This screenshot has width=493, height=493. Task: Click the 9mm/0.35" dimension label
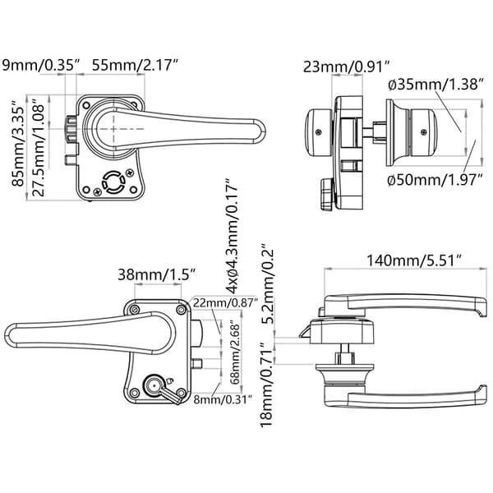tap(41, 65)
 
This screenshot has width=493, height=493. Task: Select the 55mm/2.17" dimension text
tap(136, 65)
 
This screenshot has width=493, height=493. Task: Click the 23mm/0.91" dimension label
tap(347, 67)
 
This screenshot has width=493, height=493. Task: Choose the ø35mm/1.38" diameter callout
tap(435, 85)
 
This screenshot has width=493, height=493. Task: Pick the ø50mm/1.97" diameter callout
tap(435, 180)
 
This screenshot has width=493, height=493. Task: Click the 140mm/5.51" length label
tap(414, 260)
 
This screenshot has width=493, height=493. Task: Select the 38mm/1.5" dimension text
tap(158, 274)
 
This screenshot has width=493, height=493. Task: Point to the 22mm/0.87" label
tap(225, 302)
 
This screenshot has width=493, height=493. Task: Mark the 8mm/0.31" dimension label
tap(223, 399)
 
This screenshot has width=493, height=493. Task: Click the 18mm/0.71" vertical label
tap(266, 384)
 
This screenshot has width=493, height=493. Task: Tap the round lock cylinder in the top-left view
tap(113, 182)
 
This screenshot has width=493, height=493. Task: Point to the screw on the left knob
tap(320, 132)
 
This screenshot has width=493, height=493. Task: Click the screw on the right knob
tap(424, 132)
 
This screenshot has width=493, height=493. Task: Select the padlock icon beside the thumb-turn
tap(170, 380)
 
